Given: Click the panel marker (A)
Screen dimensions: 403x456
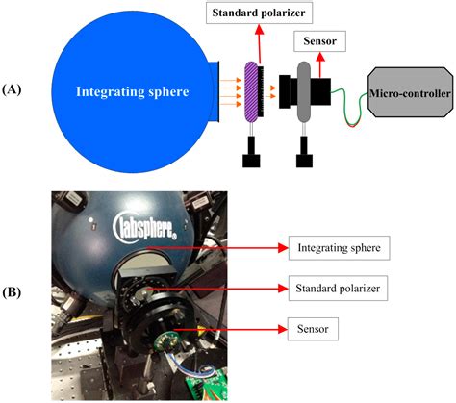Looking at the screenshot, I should point(15,88).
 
